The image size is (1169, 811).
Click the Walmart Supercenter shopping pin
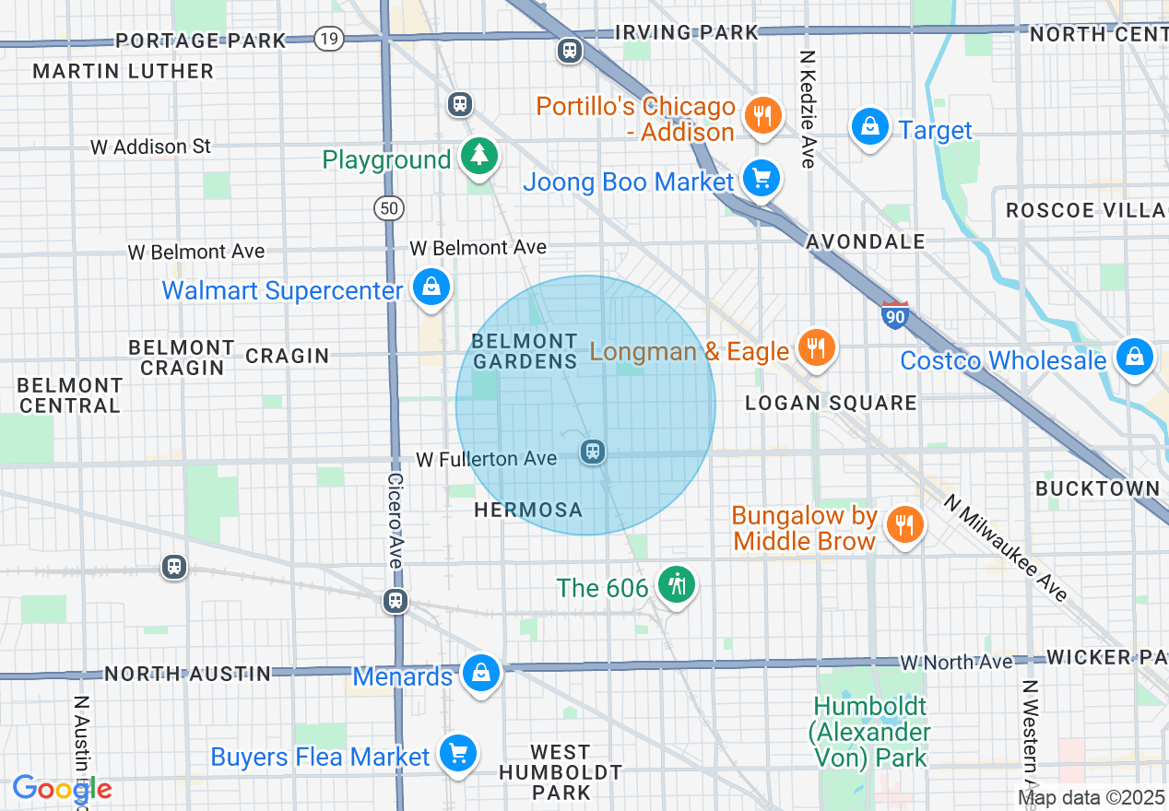[431, 288]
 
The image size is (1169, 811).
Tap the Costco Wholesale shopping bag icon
[1134, 357]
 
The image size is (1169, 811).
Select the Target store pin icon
[869, 127]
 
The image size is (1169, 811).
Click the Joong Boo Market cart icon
[761, 179]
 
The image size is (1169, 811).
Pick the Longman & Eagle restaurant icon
[815, 348]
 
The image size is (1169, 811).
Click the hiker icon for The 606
[677, 584]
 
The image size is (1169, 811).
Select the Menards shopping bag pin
[480, 674]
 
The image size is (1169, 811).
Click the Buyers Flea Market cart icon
[457, 754]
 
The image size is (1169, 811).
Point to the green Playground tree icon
[478, 156]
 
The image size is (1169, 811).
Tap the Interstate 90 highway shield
[894, 315]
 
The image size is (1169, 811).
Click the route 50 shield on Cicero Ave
[389, 208]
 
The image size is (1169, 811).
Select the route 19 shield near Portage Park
[327, 39]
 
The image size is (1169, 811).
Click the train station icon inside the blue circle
[593, 452]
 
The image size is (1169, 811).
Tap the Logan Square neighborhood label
[831, 403]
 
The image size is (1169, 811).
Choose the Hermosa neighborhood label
[528, 510]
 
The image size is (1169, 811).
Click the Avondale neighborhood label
[865, 241]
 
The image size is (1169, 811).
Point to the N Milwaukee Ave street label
[1006, 547]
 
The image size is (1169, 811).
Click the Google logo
[62, 789]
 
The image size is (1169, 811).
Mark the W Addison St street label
[150, 147]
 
